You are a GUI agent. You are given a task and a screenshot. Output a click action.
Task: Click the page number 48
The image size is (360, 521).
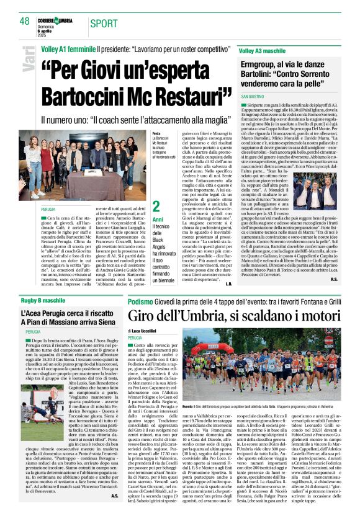(25, 22)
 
